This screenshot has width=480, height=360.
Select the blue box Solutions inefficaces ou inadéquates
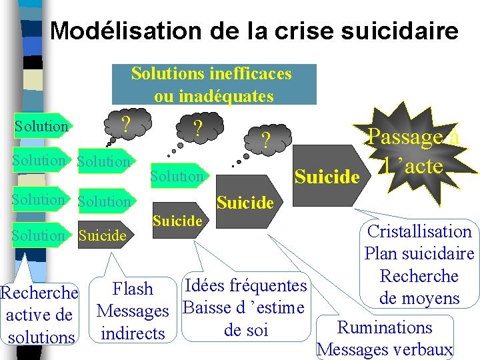pyautogui.click(x=212, y=85)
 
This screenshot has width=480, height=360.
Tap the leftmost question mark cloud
pyautogui.click(x=124, y=123)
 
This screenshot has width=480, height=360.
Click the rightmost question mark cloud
pyautogui.click(x=265, y=139)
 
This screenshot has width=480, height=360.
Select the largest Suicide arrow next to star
pyautogui.click(x=327, y=177)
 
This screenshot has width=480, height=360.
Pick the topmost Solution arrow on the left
pyautogui.click(x=41, y=126)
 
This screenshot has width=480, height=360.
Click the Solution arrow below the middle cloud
pyautogui.click(x=177, y=176)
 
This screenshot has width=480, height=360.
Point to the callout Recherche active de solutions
pyautogui.click(x=40, y=315)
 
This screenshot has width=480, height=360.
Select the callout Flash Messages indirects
pyautogui.click(x=133, y=311)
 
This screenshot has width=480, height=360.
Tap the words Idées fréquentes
pyautogui.click(x=245, y=286)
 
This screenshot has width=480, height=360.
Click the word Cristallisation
pyautogui.click(x=419, y=232)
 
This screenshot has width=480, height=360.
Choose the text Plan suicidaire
pyautogui.click(x=419, y=254)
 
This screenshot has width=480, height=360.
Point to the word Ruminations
pyautogui.click(x=385, y=327)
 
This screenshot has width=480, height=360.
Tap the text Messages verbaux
pyautogui.click(x=385, y=349)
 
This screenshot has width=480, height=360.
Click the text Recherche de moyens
pyautogui.click(x=419, y=287)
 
